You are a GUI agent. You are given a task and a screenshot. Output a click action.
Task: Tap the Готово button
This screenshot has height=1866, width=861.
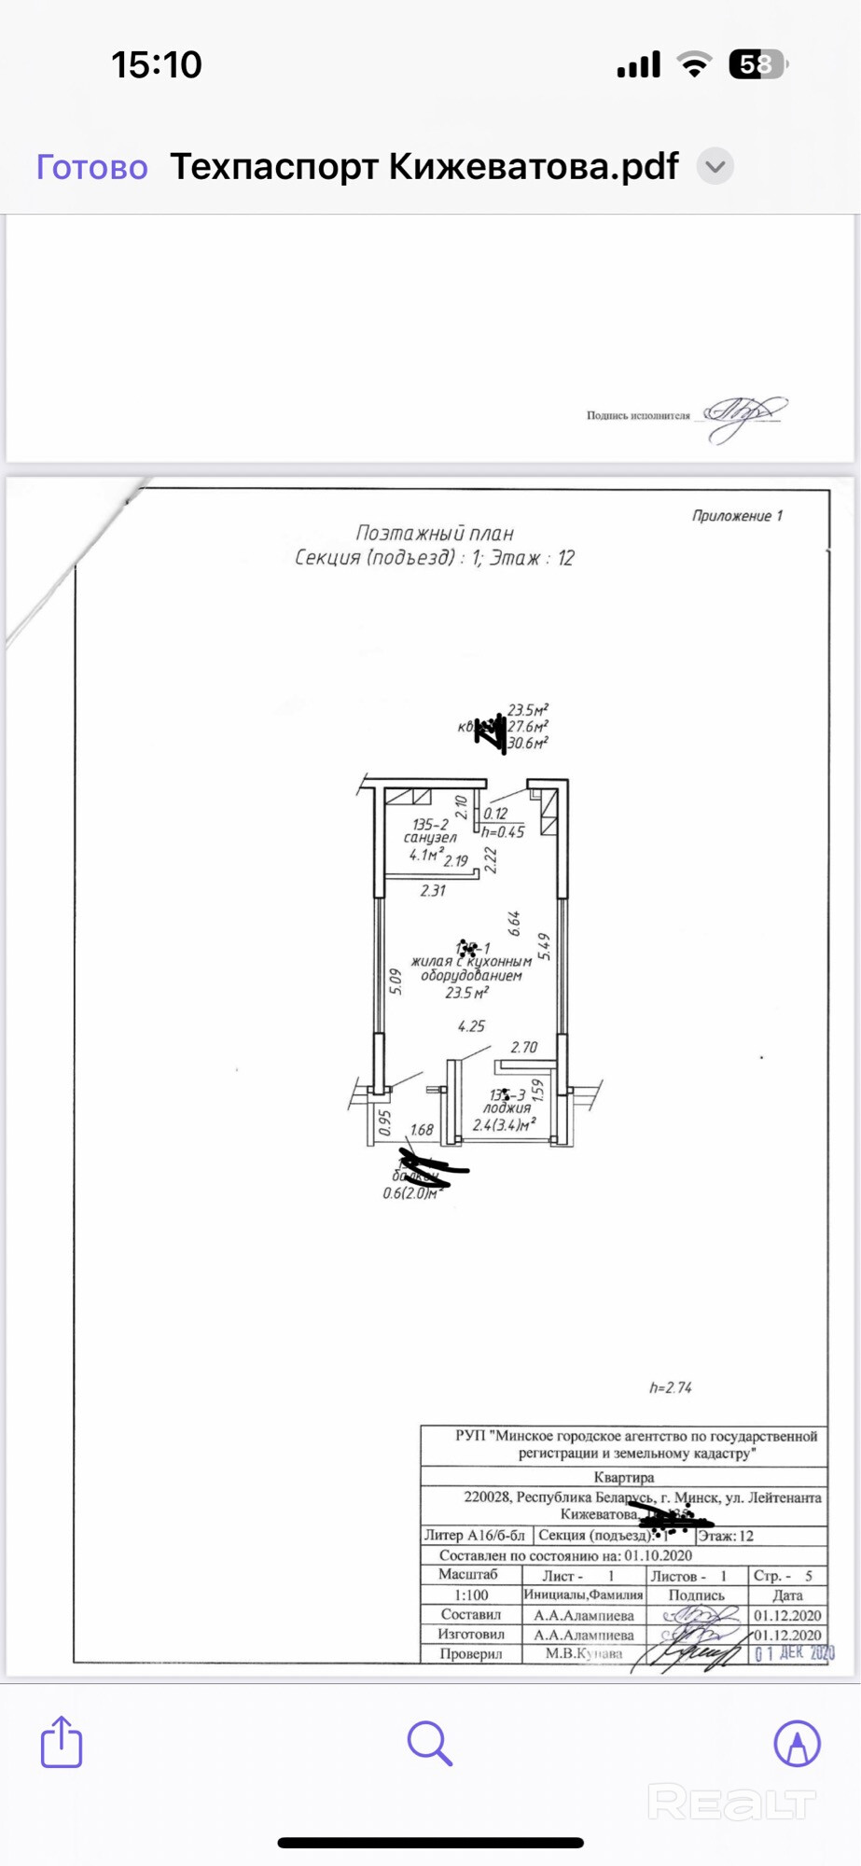(x=91, y=167)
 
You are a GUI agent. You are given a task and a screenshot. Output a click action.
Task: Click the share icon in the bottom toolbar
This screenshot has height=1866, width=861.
(x=62, y=1742)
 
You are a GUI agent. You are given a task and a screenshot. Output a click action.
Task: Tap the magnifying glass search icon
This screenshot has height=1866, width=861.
(x=429, y=1743)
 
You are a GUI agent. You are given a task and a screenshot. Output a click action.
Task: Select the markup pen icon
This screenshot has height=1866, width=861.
(x=797, y=1743)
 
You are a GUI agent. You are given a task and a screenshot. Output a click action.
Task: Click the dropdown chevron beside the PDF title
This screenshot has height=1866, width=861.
(x=715, y=167)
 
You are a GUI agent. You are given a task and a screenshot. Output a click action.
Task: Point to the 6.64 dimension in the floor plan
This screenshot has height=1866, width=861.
(x=514, y=924)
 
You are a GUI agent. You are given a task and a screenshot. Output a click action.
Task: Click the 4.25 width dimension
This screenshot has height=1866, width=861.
(x=471, y=1026)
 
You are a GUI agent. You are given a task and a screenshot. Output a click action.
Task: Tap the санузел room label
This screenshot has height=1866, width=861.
(x=430, y=838)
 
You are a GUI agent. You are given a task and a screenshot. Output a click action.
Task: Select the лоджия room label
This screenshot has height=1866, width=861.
(x=507, y=1108)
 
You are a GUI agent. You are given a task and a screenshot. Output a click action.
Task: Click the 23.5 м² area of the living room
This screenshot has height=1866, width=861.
(x=466, y=993)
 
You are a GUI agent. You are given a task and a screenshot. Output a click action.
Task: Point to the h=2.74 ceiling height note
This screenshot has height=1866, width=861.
(x=671, y=1387)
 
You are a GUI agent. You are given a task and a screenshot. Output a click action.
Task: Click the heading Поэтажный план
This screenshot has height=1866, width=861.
(x=435, y=534)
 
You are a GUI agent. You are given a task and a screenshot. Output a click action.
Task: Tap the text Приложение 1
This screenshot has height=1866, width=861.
(x=737, y=516)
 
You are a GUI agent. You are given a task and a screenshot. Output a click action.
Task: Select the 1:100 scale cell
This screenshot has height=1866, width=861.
(x=471, y=1594)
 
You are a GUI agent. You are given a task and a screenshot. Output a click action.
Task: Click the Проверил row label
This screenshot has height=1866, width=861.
(x=471, y=1653)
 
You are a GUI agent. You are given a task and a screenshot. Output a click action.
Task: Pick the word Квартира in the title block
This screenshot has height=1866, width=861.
(x=624, y=1477)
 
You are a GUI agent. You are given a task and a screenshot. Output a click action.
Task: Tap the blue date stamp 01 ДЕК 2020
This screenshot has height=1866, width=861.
(x=795, y=1653)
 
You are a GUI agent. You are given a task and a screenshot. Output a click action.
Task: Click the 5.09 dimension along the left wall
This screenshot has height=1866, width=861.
(x=396, y=981)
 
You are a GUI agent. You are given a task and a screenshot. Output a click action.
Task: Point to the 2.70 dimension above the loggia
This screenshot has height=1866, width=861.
(x=524, y=1047)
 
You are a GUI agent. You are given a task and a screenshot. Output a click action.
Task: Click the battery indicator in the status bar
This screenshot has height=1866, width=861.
(x=757, y=64)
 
